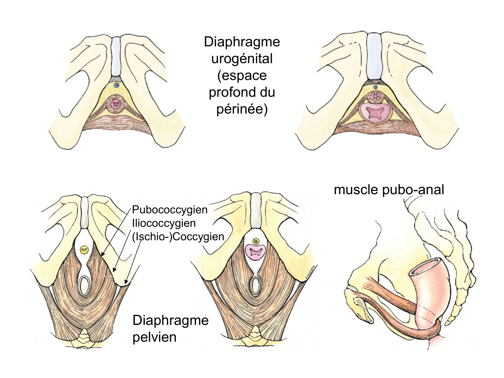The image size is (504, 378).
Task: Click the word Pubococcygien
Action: [x=170, y=210]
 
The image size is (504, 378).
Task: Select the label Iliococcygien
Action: [x=164, y=223]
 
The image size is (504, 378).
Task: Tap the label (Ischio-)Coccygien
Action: [x=178, y=237]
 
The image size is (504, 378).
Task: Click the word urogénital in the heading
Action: [x=242, y=59]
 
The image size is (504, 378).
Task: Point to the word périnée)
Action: [x=242, y=109]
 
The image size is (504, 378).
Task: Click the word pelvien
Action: [x=155, y=337]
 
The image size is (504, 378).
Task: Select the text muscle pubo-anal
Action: [x=389, y=190]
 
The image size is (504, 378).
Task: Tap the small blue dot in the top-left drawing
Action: [x=116, y=85]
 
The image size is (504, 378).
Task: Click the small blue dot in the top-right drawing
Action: [x=375, y=87]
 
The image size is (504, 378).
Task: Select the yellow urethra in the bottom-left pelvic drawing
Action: [x=84, y=250]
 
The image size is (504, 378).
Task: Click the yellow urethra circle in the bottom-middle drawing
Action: [x=255, y=241]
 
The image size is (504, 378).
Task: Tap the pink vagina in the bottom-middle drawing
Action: [x=255, y=252]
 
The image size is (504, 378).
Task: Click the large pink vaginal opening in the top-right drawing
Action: [x=375, y=113]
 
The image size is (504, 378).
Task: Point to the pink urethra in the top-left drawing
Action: [x=116, y=104]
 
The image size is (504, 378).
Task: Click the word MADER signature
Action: [x=309, y=272]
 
